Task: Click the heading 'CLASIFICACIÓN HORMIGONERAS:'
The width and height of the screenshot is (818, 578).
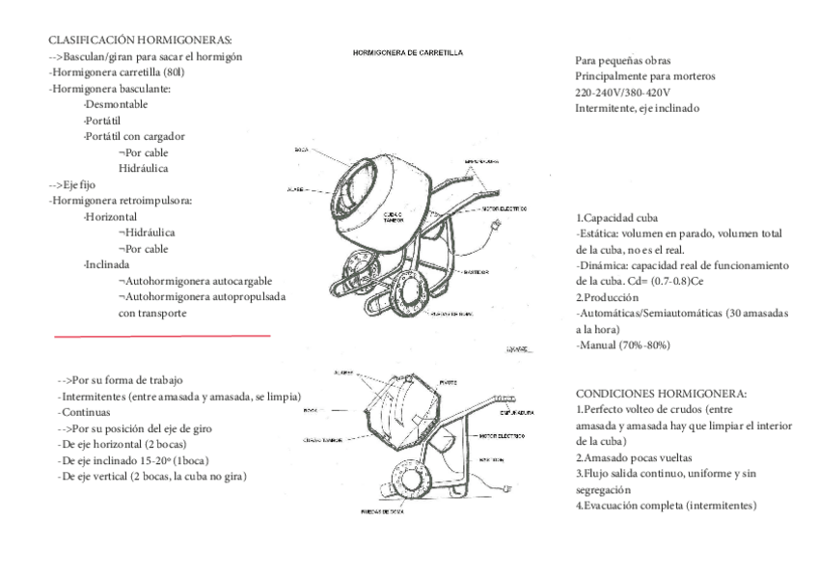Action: [140, 41]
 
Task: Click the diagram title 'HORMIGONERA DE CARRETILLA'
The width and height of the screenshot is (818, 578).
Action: [407, 52]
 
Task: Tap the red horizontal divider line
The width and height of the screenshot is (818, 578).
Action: [162, 337]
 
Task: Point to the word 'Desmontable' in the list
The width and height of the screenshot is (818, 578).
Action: [116, 104]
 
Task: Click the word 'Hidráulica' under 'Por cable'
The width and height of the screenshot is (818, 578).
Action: [144, 168]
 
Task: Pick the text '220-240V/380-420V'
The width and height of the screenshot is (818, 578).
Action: [621, 93]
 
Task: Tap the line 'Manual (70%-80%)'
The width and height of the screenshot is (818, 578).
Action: [623, 344]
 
